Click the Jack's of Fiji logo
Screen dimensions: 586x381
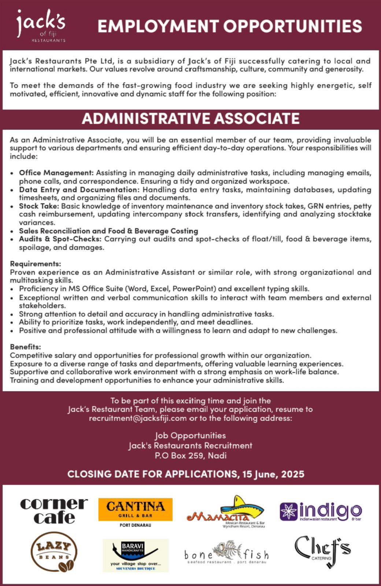[x=41, y=25]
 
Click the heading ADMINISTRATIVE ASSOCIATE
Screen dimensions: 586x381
[x=190, y=119]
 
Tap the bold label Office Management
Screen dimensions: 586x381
[x=56, y=173]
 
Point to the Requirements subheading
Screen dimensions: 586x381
[x=35, y=264]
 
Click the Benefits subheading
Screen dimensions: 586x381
[x=25, y=347]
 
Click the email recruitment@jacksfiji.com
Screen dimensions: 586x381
[x=138, y=418]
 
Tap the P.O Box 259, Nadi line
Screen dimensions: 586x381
[x=190, y=456]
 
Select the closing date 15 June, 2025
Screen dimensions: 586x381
[x=273, y=474]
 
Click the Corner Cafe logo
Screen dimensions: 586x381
[x=54, y=511]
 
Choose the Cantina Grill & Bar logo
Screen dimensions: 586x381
[x=135, y=509]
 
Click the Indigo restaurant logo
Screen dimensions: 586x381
[x=321, y=511]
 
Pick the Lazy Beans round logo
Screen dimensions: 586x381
[x=54, y=552]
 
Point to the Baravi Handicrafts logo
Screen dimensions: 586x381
[x=135, y=555]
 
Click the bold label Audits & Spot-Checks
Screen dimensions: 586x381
[x=60, y=239]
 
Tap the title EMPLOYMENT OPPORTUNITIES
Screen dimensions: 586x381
[x=230, y=26]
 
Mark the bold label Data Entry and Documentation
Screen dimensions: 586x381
[x=79, y=190]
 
